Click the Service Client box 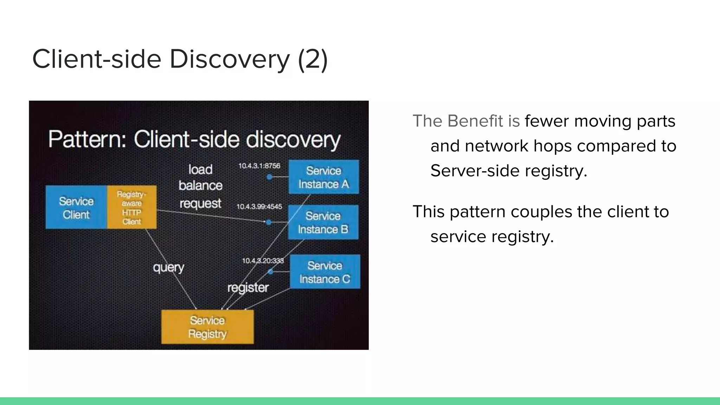[76, 207]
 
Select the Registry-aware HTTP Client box [131, 207]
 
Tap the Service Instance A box [323, 177]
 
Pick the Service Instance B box [323, 222]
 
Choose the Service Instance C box [325, 272]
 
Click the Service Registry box [207, 327]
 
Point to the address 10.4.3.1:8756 [259, 166]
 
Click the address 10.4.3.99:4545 [259, 206]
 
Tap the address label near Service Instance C [263, 261]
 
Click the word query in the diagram [168, 268]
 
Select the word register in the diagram [248, 288]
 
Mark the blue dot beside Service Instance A [269, 177]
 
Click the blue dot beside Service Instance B [269, 222]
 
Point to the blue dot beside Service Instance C [270, 271]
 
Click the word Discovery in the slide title [230, 59]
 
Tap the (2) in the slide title [313, 59]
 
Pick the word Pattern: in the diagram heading [87, 139]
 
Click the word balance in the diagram [200, 185]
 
